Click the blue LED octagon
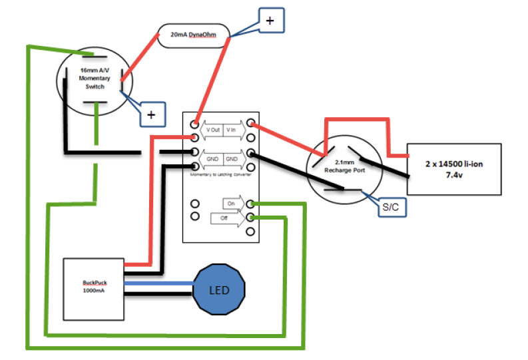219,291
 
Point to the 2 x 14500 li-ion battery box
453,168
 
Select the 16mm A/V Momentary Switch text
94,79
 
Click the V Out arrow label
212,130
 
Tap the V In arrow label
232,130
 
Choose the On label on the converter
232,204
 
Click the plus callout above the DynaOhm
270,21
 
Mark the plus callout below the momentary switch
152,114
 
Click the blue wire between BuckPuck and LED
158,284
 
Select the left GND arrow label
212,159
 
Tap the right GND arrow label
232,159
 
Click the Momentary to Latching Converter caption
221,174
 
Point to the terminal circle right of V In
250,124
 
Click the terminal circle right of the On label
250,204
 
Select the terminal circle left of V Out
194,124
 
